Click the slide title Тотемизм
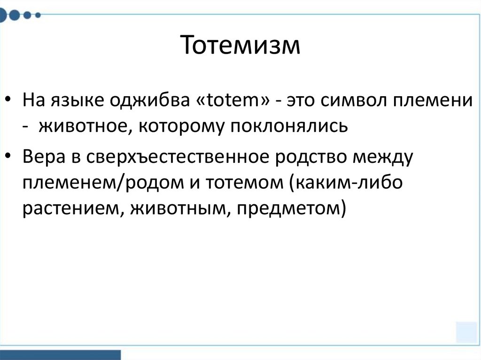pyautogui.click(x=240, y=46)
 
